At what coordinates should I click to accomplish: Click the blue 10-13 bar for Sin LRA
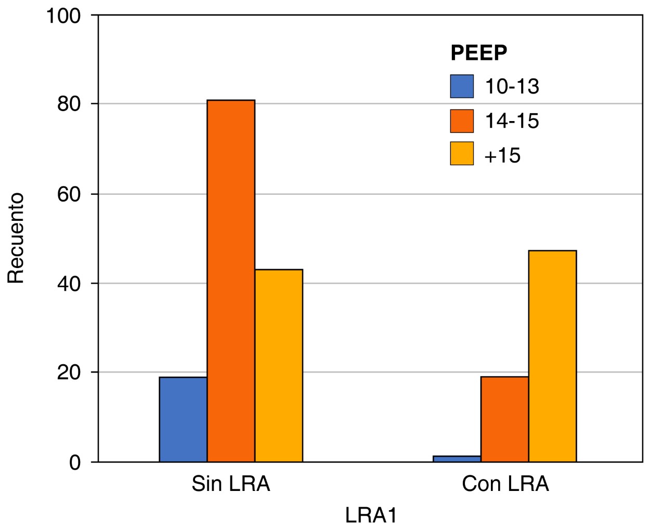183,419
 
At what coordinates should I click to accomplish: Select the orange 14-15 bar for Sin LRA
231,281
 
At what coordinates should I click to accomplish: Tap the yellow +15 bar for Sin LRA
279,365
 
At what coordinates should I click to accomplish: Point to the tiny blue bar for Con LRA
457,459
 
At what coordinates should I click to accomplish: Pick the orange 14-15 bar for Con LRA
504,419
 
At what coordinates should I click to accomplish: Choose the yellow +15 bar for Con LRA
552,356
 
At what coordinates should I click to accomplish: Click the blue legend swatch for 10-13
462,86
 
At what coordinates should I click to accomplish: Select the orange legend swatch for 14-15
462,121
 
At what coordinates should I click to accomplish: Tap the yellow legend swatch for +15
462,154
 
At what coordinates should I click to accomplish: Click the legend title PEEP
478,52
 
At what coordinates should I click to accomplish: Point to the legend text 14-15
512,121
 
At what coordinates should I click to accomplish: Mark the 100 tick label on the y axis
63,16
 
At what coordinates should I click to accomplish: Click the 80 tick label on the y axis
70,104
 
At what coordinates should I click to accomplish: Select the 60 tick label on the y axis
70,194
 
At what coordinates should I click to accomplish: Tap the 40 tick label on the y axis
70,284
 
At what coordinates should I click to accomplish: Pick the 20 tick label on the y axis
70,373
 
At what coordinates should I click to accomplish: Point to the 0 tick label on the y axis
76,462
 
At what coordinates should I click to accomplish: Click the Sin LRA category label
231,484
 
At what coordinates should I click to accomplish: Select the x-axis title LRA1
371,515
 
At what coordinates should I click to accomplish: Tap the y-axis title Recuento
17,238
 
